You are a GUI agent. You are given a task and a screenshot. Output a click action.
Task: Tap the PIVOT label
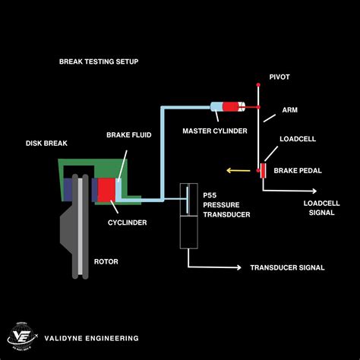point(280,77)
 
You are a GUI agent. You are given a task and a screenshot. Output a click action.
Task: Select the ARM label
point(290,109)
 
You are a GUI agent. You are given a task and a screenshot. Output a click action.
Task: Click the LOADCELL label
point(298,140)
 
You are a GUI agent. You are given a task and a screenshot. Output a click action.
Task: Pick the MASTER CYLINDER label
point(214,131)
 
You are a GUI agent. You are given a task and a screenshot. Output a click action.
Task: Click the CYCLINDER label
point(126,223)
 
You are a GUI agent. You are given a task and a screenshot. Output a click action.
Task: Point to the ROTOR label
point(106,261)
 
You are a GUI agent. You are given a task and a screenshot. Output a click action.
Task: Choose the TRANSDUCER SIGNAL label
point(287,267)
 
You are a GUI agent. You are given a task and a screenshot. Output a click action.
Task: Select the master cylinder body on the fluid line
point(227,109)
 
